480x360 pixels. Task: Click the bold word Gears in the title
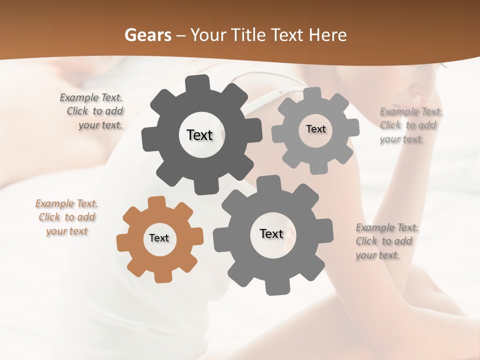148,35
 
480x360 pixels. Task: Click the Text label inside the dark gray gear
199,135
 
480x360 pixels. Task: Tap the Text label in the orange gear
159,238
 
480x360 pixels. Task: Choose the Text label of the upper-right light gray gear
315,129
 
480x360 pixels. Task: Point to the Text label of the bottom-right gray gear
271,233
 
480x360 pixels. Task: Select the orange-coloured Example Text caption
66,217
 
